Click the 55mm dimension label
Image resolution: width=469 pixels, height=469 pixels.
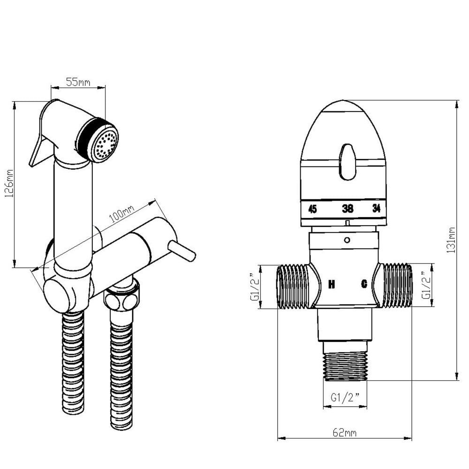pos(78,82)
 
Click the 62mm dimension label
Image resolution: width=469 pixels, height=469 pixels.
pos(345,432)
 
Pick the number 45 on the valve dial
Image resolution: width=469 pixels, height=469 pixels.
pos(312,209)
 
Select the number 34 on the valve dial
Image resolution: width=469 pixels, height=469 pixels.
pos(376,209)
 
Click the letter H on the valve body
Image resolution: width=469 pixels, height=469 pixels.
pos(331,284)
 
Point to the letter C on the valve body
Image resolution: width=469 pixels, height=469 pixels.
pos(363,284)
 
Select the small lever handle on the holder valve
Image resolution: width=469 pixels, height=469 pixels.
pos(183,251)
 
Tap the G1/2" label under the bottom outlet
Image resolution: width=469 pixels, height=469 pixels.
pos(345,397)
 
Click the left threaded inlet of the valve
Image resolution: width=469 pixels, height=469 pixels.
pos(293,286)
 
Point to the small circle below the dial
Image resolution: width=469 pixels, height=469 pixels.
pos(347,240)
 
